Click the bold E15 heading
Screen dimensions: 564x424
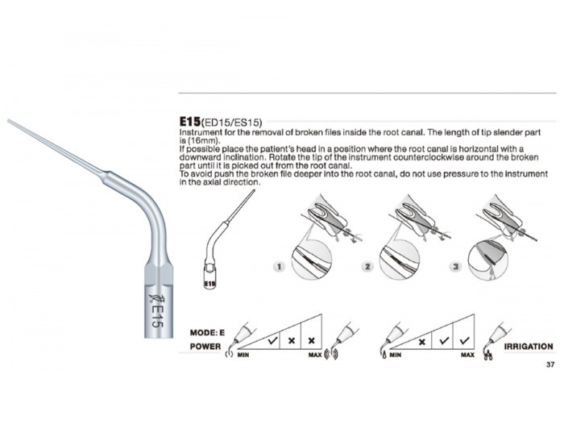190,121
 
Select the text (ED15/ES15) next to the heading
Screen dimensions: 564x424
232,123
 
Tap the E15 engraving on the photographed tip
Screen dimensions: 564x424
157,317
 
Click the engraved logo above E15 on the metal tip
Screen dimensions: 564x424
157,298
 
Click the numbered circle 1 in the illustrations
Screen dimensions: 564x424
279,267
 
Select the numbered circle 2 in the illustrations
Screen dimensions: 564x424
367,267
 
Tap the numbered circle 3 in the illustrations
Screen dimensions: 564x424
456,267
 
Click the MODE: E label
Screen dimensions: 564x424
207,333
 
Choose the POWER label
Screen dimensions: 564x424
205,347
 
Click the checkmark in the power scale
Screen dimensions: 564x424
272,340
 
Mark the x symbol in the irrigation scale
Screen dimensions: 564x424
422,342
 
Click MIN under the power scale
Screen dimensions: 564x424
243,355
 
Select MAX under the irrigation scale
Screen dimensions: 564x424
467,355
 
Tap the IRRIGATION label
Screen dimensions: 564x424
529,347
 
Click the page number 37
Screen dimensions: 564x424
550,364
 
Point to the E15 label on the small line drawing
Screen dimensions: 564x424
210,284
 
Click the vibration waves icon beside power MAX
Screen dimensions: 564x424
331,354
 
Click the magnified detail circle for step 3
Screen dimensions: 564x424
487,259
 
